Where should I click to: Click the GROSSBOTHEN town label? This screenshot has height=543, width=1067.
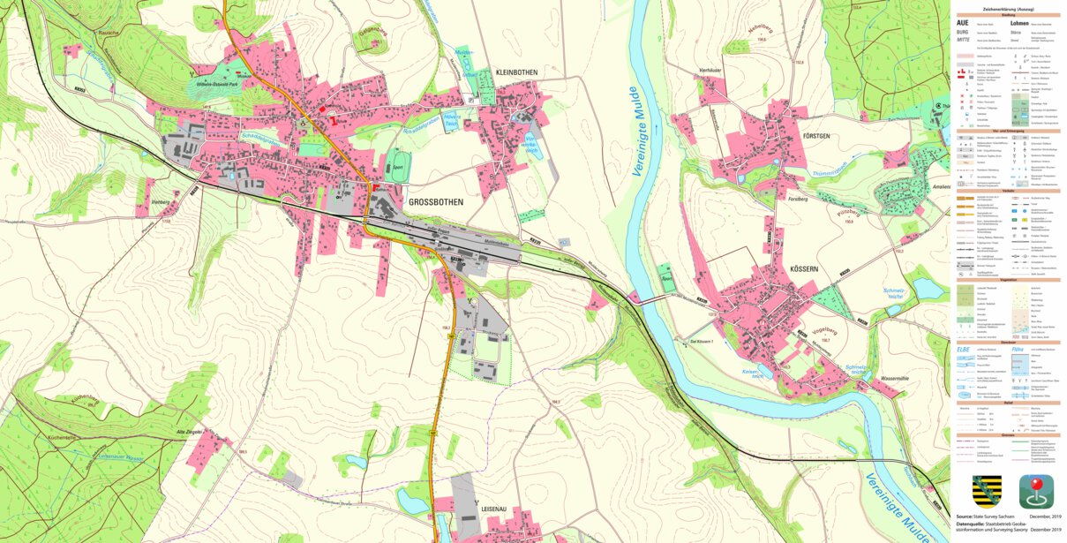(436, 202)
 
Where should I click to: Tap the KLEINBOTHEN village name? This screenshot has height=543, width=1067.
(519, 72)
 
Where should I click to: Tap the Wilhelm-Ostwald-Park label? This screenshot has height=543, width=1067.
(214, 87)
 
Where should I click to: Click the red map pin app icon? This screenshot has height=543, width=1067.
(1035, 491)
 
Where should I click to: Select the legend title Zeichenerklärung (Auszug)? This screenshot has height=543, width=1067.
(1010, 9)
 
